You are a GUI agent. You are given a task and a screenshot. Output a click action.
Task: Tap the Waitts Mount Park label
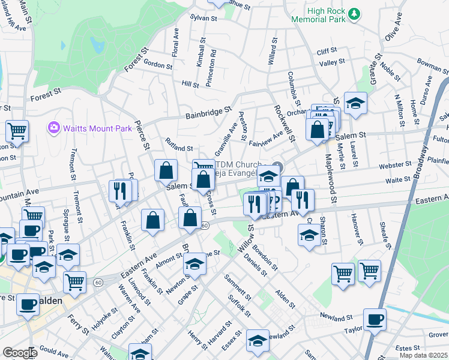click(x=89, y=128)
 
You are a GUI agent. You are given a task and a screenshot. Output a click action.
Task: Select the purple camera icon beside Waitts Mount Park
click(x=53, y=128)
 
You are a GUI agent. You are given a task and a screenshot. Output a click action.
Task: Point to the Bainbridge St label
click(x=208, y=112)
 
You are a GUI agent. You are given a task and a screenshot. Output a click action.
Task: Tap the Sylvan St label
click(x=203, y=19)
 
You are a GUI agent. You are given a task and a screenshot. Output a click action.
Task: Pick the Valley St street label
click(x=332, y=62)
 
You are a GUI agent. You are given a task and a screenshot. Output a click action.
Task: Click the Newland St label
click(x=335, y=315)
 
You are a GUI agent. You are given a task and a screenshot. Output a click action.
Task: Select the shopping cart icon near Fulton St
click(x=17, y=130)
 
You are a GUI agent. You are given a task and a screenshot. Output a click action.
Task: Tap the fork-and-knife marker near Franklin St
click(x=119, y=191)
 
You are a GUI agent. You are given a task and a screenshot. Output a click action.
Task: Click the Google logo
click(x=19, y=353)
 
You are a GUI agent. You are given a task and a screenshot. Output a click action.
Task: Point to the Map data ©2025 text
click(x=423, y=355)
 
